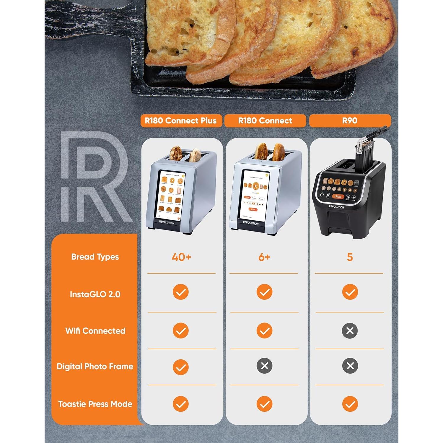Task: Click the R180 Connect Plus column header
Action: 181,121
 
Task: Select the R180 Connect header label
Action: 265,121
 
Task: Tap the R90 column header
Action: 350,121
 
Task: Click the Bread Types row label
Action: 95,257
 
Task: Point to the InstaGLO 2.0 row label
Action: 95,294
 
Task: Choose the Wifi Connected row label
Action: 95,331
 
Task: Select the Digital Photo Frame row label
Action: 95,367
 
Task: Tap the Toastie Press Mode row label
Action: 95,404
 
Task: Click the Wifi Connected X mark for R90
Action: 350,331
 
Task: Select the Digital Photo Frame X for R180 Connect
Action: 264,366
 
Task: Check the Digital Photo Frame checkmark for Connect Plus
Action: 180,367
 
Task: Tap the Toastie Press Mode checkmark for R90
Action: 350,404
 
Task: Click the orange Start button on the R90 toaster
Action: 338,196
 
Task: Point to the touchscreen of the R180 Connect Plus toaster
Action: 171,195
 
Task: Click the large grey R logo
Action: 95,177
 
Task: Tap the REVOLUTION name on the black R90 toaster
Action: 336,207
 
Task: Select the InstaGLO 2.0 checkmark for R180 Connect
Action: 264,292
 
